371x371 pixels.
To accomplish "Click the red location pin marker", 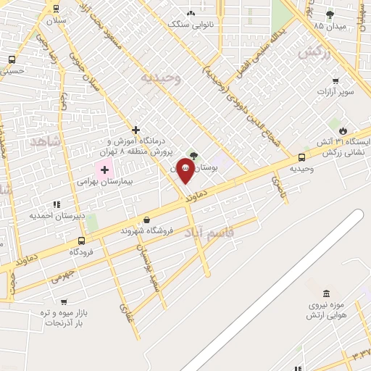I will click(185, 171).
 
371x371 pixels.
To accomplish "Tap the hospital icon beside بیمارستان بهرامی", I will click(104, 170).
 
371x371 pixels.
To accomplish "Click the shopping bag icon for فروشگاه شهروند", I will click(147, 220).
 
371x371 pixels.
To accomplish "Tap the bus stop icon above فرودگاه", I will click(81, 241).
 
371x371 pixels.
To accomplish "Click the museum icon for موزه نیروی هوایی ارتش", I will click(325, 293).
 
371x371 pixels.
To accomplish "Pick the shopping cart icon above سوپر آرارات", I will click(335, 81).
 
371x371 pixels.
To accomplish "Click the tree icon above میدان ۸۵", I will click(330, 14).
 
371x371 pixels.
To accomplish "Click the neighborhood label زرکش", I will click(314, 52).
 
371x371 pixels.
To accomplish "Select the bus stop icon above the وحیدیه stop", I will click(301, 157).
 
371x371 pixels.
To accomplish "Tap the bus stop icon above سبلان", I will click(56, 9).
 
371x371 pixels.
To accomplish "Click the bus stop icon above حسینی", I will click(12, 60).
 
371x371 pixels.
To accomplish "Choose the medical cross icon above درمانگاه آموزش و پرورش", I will click(136, 130).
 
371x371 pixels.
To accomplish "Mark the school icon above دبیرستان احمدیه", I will click(57, 205).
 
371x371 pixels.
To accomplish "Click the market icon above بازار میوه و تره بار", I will click(64, 301).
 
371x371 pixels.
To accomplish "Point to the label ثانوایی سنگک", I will click(191, 23).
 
